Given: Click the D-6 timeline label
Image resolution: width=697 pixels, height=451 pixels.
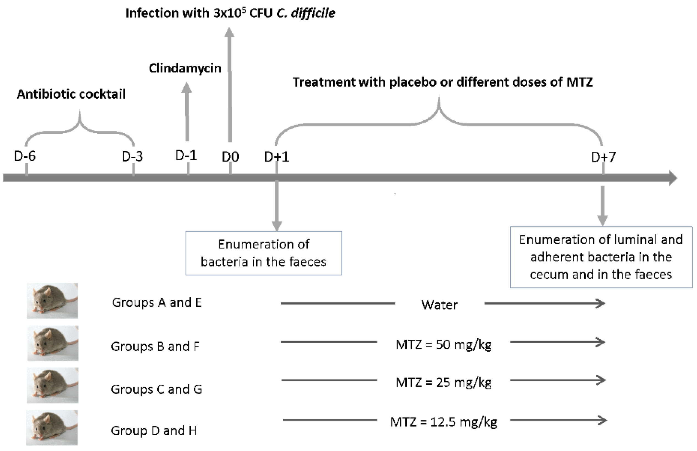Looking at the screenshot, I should [x=25, y=156].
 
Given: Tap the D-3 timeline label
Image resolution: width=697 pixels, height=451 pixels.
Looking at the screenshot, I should [x=132, y=157].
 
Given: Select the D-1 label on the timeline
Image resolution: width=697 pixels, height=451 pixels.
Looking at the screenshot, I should [x=186, y=155].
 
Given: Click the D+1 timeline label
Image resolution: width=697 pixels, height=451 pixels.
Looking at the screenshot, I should [x=276, y=157].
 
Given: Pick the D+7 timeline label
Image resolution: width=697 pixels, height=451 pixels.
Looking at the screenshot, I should [x=603, y=157].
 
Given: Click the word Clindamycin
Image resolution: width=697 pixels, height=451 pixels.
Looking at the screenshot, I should [x=185, y=68].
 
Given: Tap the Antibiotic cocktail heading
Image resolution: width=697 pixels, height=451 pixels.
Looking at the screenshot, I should [x=71, y=94].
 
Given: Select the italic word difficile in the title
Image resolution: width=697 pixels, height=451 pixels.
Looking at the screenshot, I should [x=313, y=13].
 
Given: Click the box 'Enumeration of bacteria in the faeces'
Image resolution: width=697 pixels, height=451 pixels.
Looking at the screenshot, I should [x=264, y=253].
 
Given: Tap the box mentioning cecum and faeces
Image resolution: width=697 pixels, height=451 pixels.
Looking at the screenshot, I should [x=601, y=257].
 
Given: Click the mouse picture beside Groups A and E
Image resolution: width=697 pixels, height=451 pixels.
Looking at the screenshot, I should [x=52, y=300].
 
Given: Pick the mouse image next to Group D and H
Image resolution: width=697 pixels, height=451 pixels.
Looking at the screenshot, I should [x=52, y=428].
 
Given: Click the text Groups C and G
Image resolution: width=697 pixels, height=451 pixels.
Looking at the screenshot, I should [x=156, y=389].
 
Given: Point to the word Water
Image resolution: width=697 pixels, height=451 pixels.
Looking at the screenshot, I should [x=439, y=305].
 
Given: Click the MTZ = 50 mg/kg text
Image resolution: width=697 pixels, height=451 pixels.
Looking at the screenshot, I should [x=443, y=344].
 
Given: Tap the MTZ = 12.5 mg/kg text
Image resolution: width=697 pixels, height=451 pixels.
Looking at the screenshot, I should [x=443, y=422].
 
